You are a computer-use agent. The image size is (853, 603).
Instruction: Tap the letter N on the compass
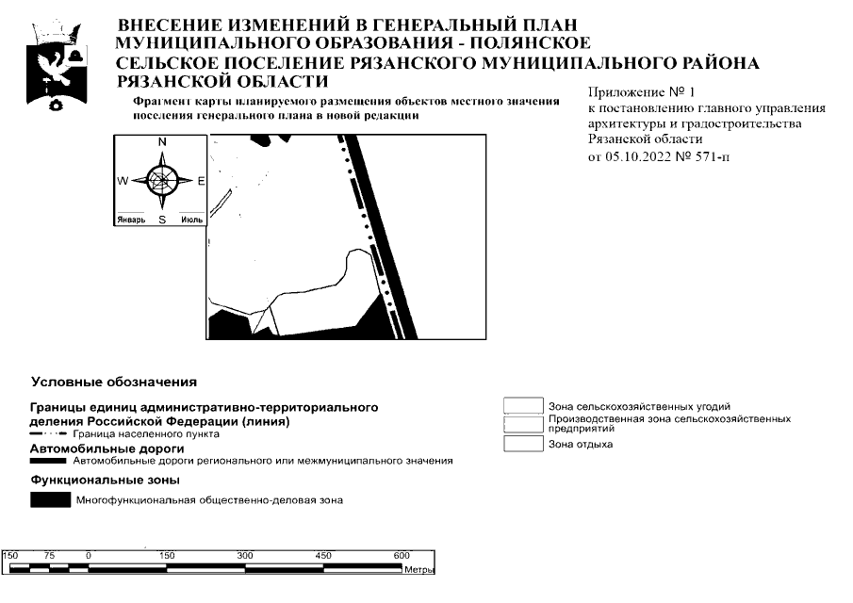coord(162,141)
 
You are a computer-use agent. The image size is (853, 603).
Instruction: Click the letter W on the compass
coord(123,180)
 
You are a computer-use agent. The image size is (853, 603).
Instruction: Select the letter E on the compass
coord(201,180)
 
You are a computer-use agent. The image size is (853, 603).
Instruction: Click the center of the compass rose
coord(162,179)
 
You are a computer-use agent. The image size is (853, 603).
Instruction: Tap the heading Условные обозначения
coord(114,383)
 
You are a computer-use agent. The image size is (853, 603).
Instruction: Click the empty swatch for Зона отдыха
coord(523,444)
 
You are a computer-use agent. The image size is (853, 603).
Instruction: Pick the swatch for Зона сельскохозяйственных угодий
coord(523,406)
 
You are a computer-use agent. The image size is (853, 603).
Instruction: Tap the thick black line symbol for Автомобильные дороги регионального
coord(49,462)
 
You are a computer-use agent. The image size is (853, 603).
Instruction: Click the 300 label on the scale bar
coord(245,555)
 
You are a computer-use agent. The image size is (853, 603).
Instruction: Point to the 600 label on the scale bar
coord(402,555)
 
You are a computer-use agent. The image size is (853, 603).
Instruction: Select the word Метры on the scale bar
coord(418,571)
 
